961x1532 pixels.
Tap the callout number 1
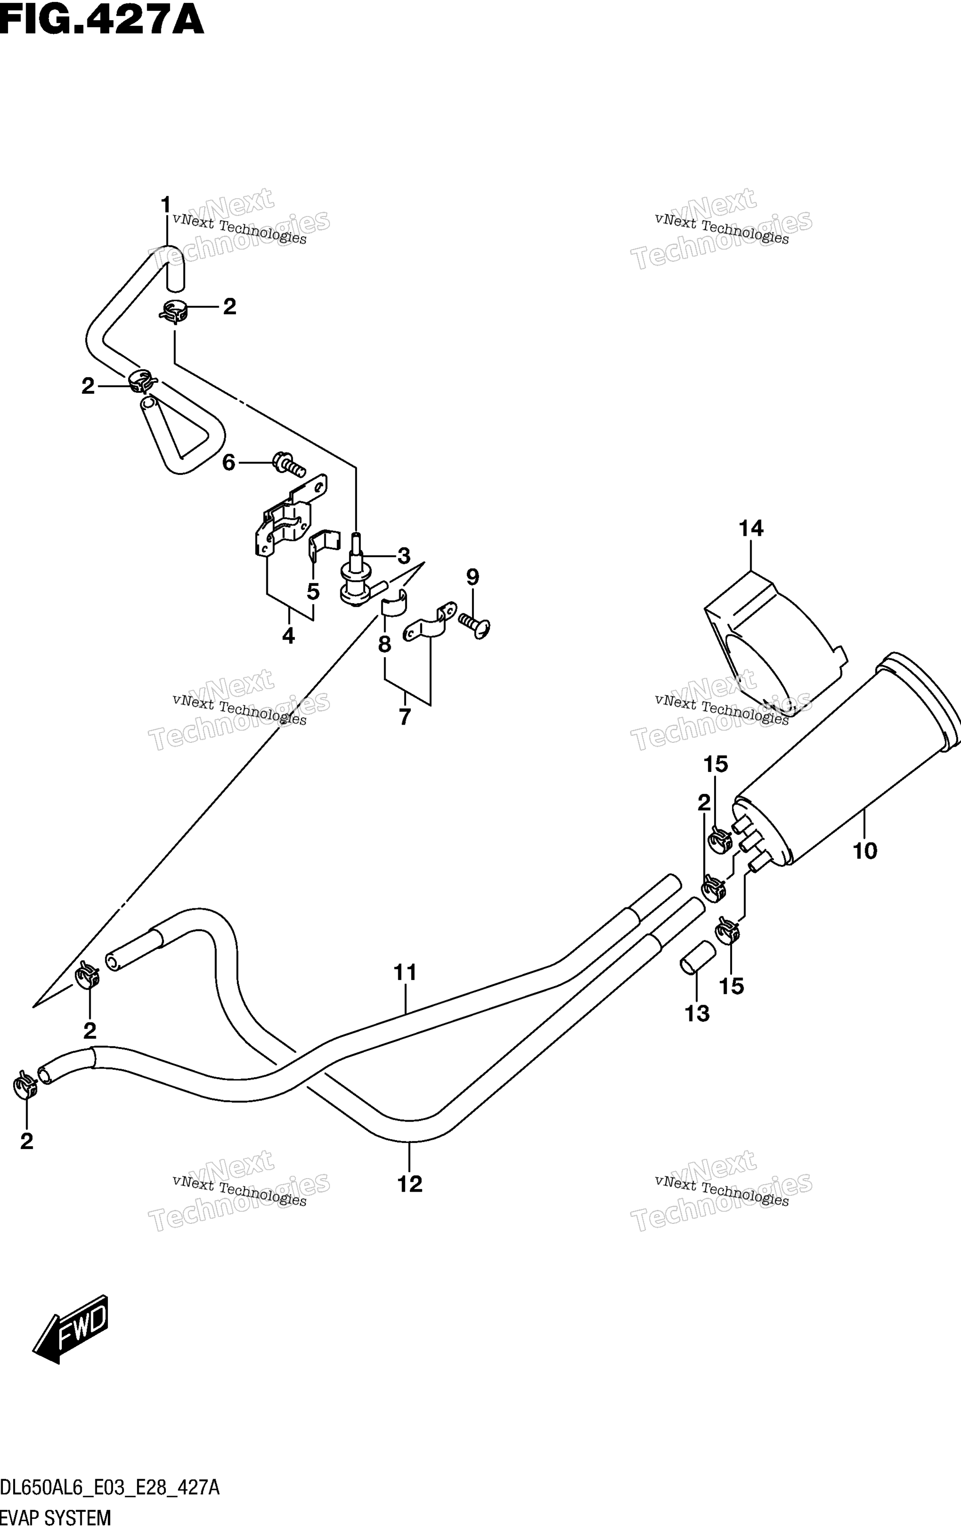coord(166,205)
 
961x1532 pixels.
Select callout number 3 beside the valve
coord(403,556)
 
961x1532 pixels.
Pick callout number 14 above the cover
coord(751,528)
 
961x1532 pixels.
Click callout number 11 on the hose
coord(405,972)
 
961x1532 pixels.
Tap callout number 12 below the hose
coord(409,1184)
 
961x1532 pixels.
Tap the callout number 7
coord(405,717)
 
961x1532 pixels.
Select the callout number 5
coord(313,591)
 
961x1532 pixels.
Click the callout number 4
coord(288,635)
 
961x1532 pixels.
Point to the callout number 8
coord(385,645)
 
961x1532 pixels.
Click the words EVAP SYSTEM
coord(55,1518)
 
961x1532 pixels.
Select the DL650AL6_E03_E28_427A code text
coord(110,1488)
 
